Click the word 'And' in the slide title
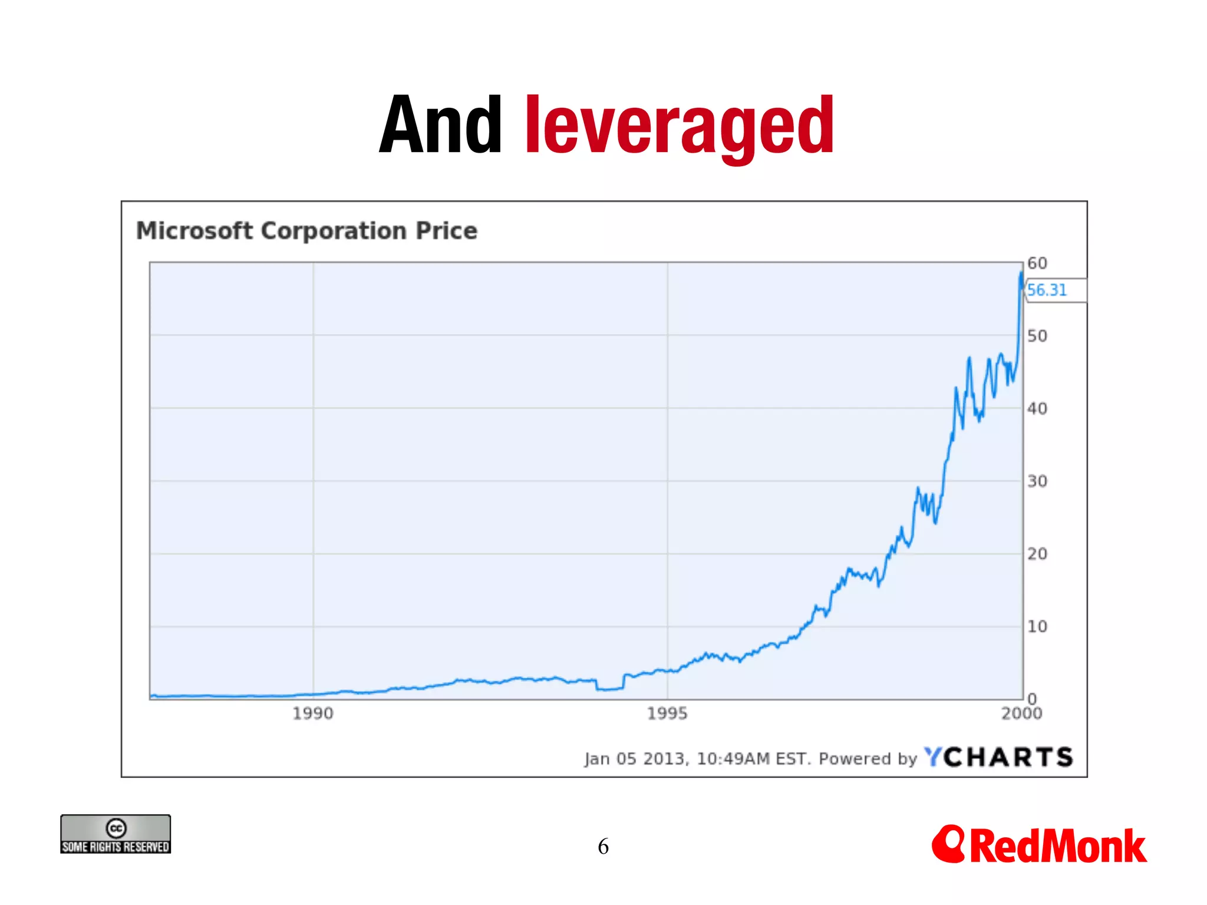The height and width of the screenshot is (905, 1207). pos(440,125)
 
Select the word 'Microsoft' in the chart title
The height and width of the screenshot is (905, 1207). pos(194,230)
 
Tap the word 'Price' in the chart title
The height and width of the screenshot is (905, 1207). pos(446,230)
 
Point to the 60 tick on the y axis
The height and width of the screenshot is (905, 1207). pos(1037,263)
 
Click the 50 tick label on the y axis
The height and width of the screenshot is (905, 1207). pos(1037,336)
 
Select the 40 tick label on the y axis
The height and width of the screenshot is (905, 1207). pos(1037,408)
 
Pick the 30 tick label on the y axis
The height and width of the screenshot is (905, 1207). pos(1037,481)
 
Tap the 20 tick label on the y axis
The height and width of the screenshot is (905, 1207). pos(1037,554)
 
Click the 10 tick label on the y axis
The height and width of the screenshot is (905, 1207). pos(1037,626)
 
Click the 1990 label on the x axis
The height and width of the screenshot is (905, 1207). pos(313,714)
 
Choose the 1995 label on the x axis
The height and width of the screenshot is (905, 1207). pos(667,714)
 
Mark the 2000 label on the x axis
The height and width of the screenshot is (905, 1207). pos(1021,714)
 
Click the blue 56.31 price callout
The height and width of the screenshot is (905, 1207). pos(1047,290)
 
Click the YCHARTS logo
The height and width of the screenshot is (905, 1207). pos(998,757)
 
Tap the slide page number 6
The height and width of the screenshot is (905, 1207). pos(603,847)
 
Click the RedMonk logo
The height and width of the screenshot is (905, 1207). pos(1040,845)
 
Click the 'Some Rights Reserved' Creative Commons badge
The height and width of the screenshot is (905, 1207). pos(116,834)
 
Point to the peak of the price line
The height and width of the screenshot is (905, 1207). pos(1021,273)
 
